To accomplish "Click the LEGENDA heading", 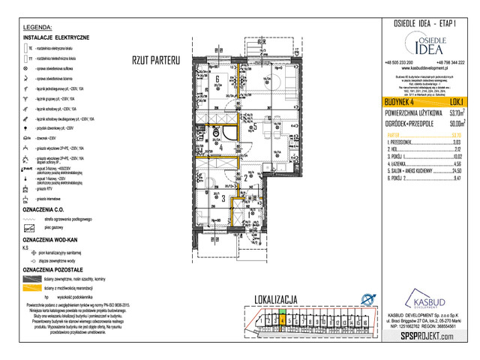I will [37, 27].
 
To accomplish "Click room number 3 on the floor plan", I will [224, 198].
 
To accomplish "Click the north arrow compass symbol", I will [367, 298].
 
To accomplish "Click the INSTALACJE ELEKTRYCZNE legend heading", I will [57, 37].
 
